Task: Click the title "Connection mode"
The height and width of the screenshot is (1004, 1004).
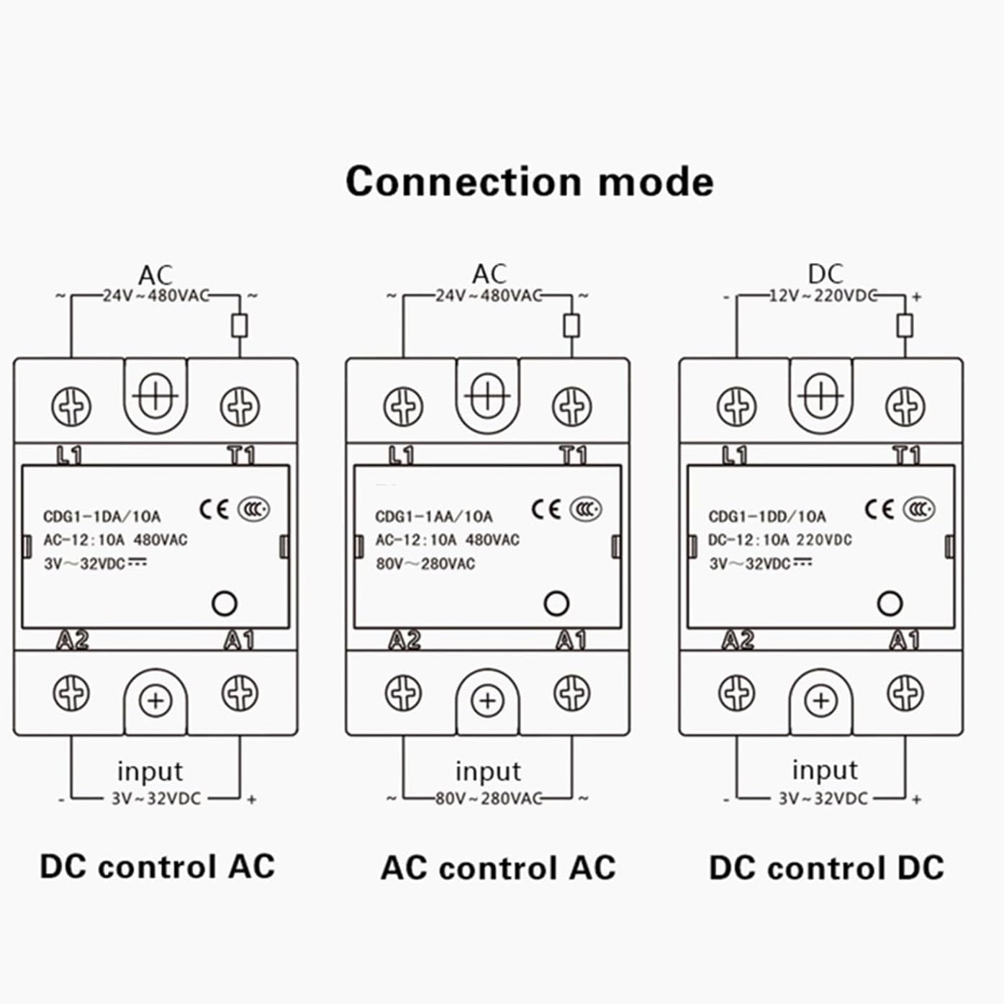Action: (530, 181)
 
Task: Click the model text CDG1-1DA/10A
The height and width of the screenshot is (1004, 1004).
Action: (101, 516)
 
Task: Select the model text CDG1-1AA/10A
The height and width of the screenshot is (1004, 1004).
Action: (434, 516)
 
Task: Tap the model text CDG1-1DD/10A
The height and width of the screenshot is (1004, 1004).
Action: (766, 516)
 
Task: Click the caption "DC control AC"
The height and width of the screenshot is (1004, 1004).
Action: (157, 866)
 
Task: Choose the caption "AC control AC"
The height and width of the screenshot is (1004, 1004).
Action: (498, 868)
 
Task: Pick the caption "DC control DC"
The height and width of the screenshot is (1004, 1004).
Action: (826, 868)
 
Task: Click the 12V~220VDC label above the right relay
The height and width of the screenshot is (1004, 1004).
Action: (823, 296)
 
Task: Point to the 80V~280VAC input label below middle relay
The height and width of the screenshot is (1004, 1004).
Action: (488, 798)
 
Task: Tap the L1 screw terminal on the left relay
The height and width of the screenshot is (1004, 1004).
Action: (71, 407)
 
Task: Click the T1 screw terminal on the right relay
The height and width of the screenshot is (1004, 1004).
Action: (905, 407)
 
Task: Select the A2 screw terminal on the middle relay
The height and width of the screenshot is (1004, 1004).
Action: (404, 694)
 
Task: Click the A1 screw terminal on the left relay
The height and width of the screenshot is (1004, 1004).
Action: (240, 694)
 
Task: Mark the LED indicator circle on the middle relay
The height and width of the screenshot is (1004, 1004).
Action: (556, 604)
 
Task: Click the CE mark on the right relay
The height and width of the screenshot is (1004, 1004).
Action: (879, 510)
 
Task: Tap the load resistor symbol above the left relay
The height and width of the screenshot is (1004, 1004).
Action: (240, 326)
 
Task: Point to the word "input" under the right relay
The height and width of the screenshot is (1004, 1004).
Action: (825, 770)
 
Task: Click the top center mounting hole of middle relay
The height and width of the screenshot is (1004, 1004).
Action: (488, 396)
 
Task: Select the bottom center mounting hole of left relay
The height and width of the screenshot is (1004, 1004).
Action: (155, 702)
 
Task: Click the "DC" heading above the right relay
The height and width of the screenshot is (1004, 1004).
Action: (825, 274)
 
